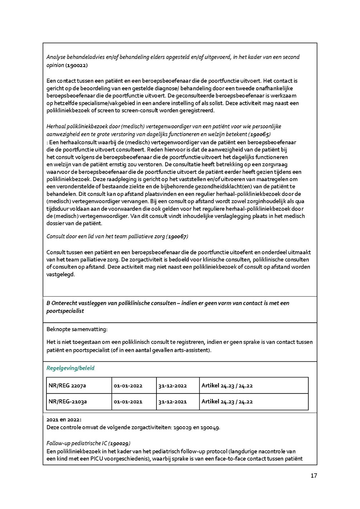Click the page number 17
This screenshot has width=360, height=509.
click(314, 476)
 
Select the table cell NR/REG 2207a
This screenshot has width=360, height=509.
click(67, 386)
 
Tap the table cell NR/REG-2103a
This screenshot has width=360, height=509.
click(67, 402)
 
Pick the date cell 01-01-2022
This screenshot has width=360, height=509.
click(128, 386)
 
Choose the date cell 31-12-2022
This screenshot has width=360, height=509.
click(173, 386)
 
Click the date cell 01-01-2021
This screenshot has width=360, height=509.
click(128, 402)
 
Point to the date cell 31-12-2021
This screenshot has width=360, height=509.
click(173, 402)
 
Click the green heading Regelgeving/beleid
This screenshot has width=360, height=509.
click(70, 368)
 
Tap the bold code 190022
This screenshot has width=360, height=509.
click(77, 65)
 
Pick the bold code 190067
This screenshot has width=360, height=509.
click(177, 236)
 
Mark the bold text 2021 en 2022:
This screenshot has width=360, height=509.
click(64, 420)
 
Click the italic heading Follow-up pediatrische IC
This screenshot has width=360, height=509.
click(77, 443)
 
